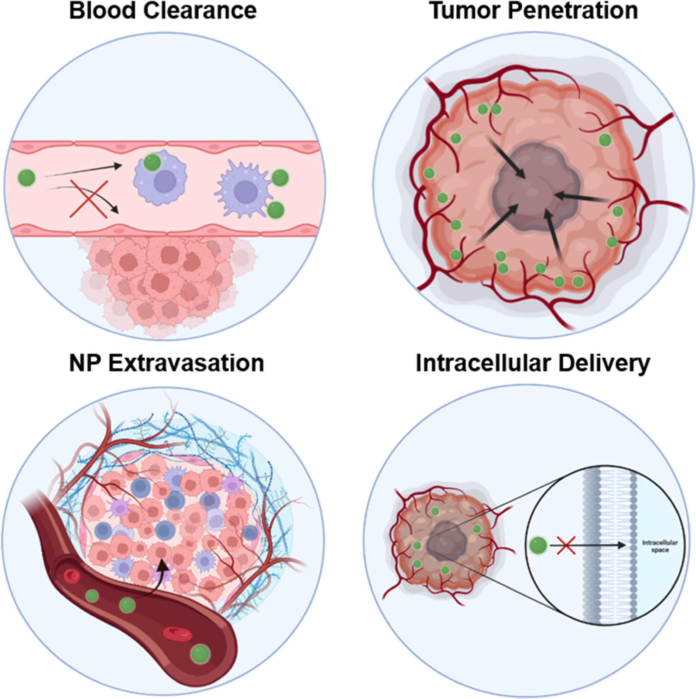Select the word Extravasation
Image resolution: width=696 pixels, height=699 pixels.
pos(186,363)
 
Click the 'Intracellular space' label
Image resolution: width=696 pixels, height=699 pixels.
pos(659,546)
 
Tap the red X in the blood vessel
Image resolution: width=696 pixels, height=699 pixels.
pos(89,199)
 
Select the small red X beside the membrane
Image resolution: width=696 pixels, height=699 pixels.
pos(566,545)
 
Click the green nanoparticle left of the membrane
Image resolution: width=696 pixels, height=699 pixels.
pos(539,545)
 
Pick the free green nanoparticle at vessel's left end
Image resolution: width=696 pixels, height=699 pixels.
pos(27,177)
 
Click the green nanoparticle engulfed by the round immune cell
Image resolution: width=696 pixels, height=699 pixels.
pos(153,163)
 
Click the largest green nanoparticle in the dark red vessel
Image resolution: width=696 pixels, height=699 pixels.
pos(200,654)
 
